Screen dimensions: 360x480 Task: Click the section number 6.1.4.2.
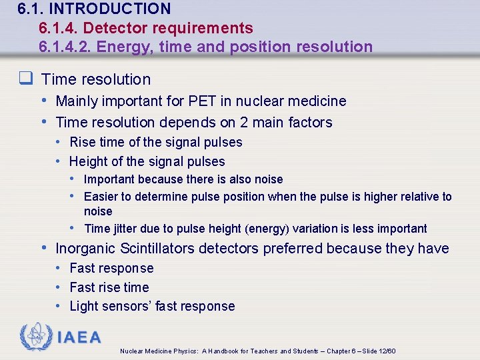66,47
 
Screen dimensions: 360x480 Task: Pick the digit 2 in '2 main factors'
245,123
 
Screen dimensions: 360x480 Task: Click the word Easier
101,197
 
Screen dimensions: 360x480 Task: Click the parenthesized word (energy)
267,229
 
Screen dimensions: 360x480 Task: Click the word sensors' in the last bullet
125,307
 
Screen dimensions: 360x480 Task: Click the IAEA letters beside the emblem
79,337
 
